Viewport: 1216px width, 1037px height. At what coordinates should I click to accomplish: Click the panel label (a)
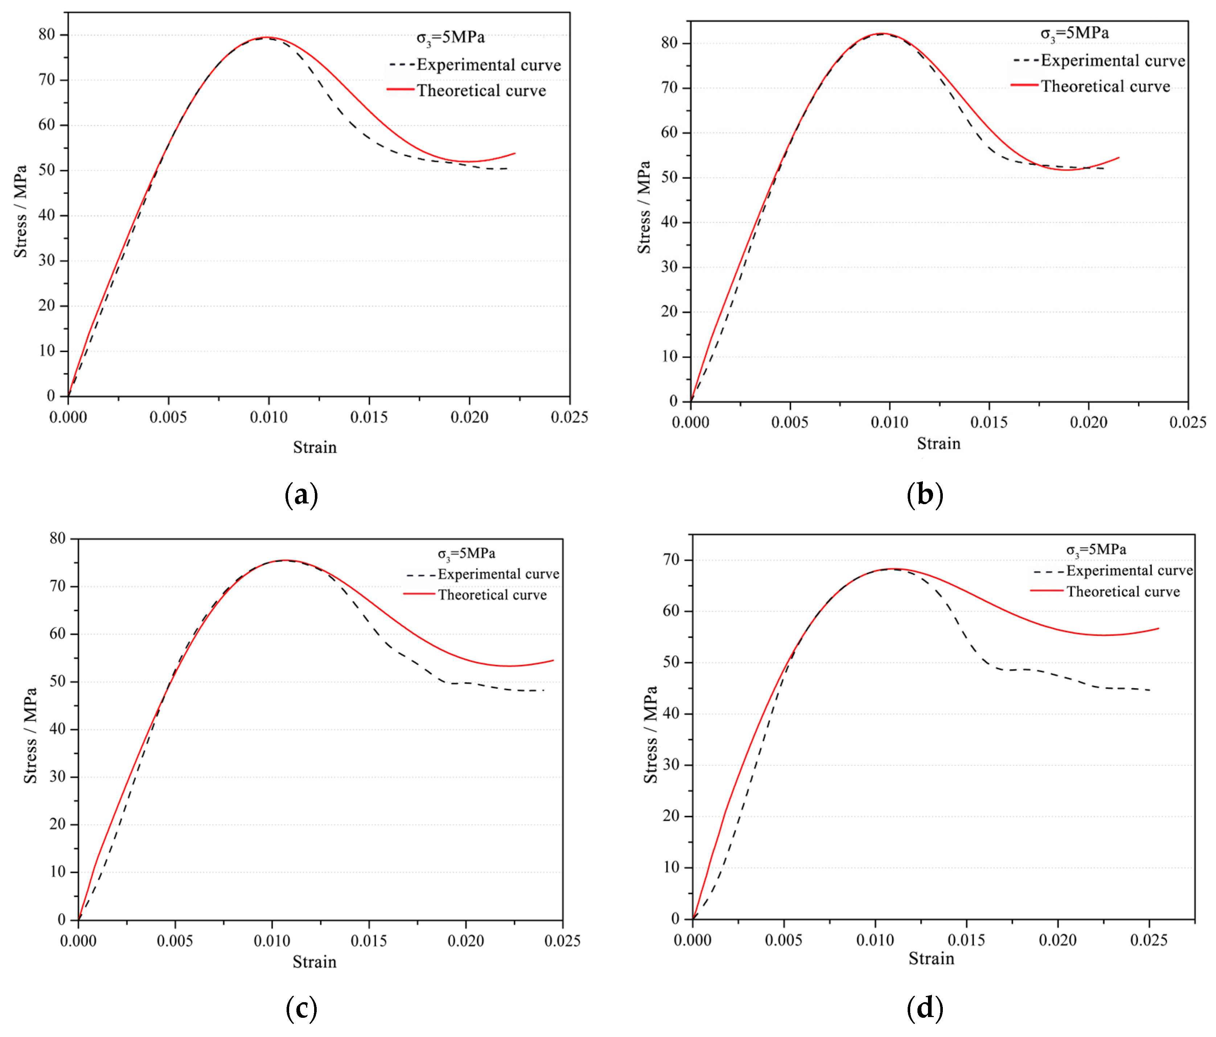click(x=301, y=495)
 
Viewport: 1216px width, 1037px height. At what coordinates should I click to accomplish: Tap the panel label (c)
click(x=301, y=1008)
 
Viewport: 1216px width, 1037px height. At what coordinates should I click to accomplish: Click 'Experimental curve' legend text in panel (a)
click(x=489, y=65)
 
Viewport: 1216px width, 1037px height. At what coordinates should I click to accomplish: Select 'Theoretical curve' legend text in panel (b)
click(x=1106, y=87)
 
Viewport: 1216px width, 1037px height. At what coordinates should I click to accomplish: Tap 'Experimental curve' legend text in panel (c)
click(x=498, y=574)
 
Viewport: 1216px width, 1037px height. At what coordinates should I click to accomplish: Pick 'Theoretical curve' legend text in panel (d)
click(x=1123, y=592)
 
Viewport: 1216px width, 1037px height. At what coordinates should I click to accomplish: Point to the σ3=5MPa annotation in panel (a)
click(x=451, y=38)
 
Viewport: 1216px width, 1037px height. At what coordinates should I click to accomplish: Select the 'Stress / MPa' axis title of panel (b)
click(x=644, y=207)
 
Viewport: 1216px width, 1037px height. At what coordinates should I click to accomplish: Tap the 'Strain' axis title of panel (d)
click(x=931, y=958)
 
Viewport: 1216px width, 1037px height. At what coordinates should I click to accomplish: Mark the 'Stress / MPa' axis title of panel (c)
click(x=30, y=735)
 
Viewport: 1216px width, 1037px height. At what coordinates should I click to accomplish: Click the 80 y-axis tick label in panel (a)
click(x=46, y=34)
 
